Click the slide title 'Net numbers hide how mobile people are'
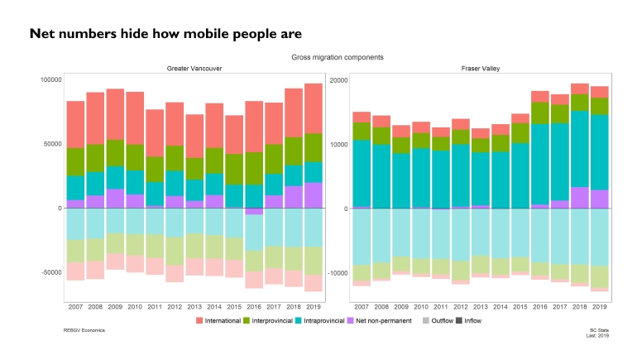click(x=165, y=34)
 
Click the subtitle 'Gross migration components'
click(x=337, y=57)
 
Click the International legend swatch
click(x=201, y=320)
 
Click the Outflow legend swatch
click(x=426, y=320)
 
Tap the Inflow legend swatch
click(x=460, y=320)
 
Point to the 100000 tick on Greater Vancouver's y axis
click(x=50, y=79)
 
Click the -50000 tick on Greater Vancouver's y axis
click(x=50, y=272)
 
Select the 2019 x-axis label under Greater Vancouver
click(x=313, y=306)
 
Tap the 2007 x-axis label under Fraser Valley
click(x=361, y=306)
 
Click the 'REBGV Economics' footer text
click(x=84, y=330)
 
